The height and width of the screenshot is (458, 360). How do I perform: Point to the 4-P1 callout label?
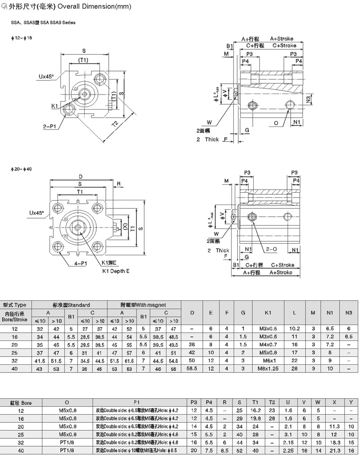[80, 263]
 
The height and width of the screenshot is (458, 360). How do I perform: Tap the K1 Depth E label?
[115, 271]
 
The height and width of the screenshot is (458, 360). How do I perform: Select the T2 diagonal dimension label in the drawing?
[115, 124]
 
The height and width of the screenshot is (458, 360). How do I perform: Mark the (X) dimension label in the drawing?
[125, 227]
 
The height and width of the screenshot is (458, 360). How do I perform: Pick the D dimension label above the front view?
[81, 177]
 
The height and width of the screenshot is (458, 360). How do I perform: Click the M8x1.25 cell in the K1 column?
[268, 369]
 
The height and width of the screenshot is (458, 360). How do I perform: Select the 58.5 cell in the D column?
[192, 369]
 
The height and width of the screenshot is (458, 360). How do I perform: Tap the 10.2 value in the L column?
[294, 329]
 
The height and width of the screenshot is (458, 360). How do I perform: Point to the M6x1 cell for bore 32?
[268, 361]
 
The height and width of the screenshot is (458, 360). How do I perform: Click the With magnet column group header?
[144, 305]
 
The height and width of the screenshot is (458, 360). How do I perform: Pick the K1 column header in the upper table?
[268, 312]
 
